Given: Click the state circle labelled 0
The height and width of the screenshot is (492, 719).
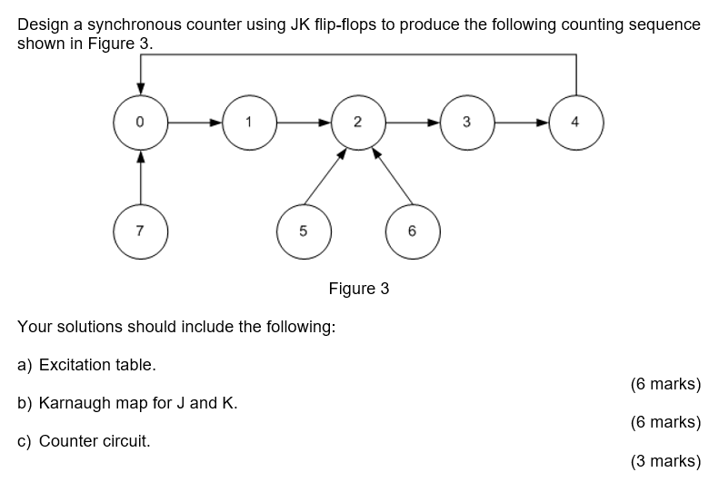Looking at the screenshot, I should coord(140,122).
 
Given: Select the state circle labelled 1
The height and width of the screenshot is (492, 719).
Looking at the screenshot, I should coord(248,122).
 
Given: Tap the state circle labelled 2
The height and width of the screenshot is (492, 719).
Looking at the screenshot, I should coord(357,122).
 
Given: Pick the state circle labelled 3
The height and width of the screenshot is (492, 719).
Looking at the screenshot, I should coord(466,122).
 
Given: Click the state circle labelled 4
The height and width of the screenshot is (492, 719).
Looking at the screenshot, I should coord(575,122).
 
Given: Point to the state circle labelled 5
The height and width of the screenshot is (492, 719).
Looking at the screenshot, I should coord(303,231).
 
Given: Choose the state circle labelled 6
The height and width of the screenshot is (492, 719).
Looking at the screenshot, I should coord(412,231).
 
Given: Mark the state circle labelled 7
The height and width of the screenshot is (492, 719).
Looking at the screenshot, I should coord(140,231).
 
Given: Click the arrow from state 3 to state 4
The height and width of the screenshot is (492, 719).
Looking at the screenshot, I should coord(521,122).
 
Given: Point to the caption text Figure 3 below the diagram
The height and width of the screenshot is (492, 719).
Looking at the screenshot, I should coord(358,289).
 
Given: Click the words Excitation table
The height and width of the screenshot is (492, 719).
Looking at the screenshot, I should coord(97,365).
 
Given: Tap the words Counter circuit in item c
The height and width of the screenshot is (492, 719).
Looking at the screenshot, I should coord(95,441).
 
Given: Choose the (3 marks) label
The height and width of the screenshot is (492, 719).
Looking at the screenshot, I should coord(664,461).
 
